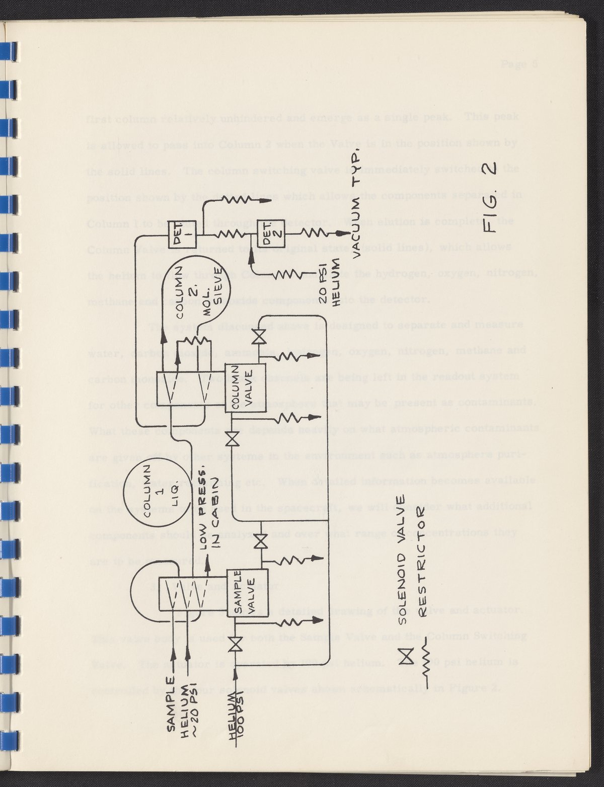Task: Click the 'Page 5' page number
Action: (519, 64)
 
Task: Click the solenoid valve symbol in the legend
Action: (406, 655)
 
